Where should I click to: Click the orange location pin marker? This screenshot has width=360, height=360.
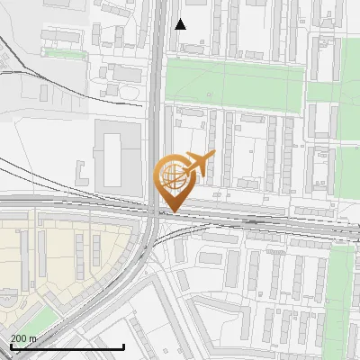point(172,180)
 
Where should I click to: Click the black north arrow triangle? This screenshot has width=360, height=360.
point(181,24)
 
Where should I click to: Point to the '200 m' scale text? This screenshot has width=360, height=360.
point(23,338)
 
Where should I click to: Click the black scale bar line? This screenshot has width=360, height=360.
point(67,346)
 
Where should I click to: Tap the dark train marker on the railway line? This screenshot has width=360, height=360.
point(255,220)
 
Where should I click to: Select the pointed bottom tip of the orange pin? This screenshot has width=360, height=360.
point(172,211)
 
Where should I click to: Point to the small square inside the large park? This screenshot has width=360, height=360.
point(209,94)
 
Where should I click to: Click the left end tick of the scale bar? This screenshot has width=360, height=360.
point(10,346)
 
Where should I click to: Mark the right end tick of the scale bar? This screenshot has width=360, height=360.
point(123,346)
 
